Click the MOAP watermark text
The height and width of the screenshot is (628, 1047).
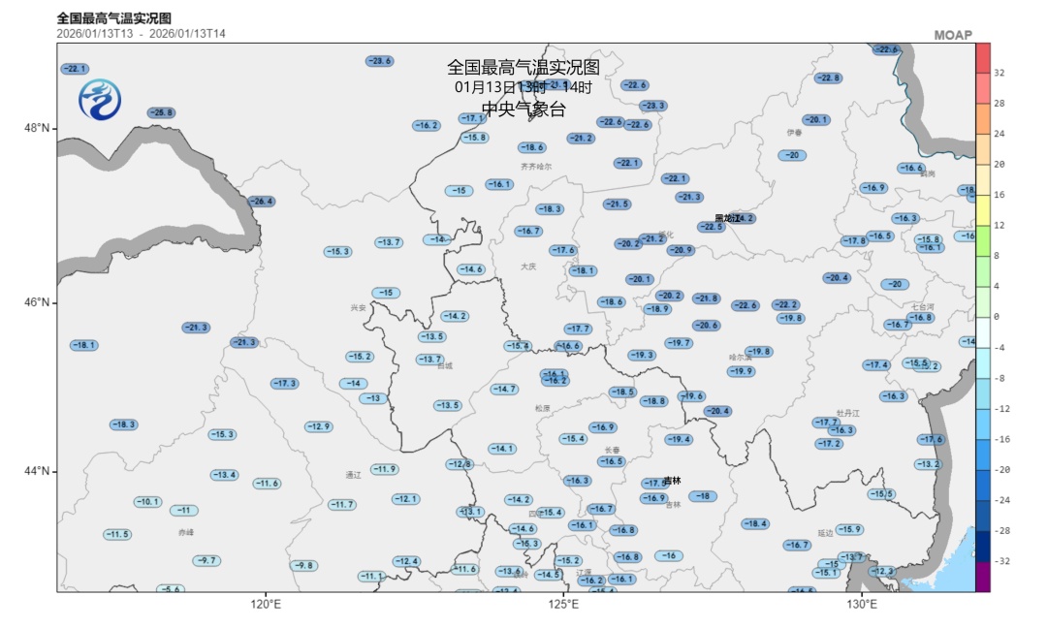[952, 35]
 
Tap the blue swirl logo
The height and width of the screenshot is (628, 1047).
[99, 99]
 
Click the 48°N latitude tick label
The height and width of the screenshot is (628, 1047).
[38, 129]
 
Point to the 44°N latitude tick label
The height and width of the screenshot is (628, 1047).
[38, 472]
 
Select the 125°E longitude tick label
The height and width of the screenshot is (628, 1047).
[563, 605]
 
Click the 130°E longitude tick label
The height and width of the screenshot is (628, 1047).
[861, 605]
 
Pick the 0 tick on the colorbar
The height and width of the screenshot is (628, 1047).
[997, 316]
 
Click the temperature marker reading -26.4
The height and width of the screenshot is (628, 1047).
[261, 202]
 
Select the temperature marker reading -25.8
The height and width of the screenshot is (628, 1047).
[161, 113]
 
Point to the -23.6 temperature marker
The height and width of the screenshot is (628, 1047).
[379, 61]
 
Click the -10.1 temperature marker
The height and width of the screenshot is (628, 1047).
[147, 502]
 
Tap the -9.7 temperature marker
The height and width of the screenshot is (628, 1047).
[206, 561]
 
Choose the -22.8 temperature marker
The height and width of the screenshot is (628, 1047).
[827, 78]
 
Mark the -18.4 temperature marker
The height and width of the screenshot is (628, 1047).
[754, 524]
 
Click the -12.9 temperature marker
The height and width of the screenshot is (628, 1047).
[318, 427]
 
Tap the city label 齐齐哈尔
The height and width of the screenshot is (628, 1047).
[536, 166]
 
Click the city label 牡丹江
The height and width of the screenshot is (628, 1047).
[848, 413]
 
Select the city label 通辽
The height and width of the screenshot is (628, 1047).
[353, 475]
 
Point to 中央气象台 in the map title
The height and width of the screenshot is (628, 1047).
[523, 110]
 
